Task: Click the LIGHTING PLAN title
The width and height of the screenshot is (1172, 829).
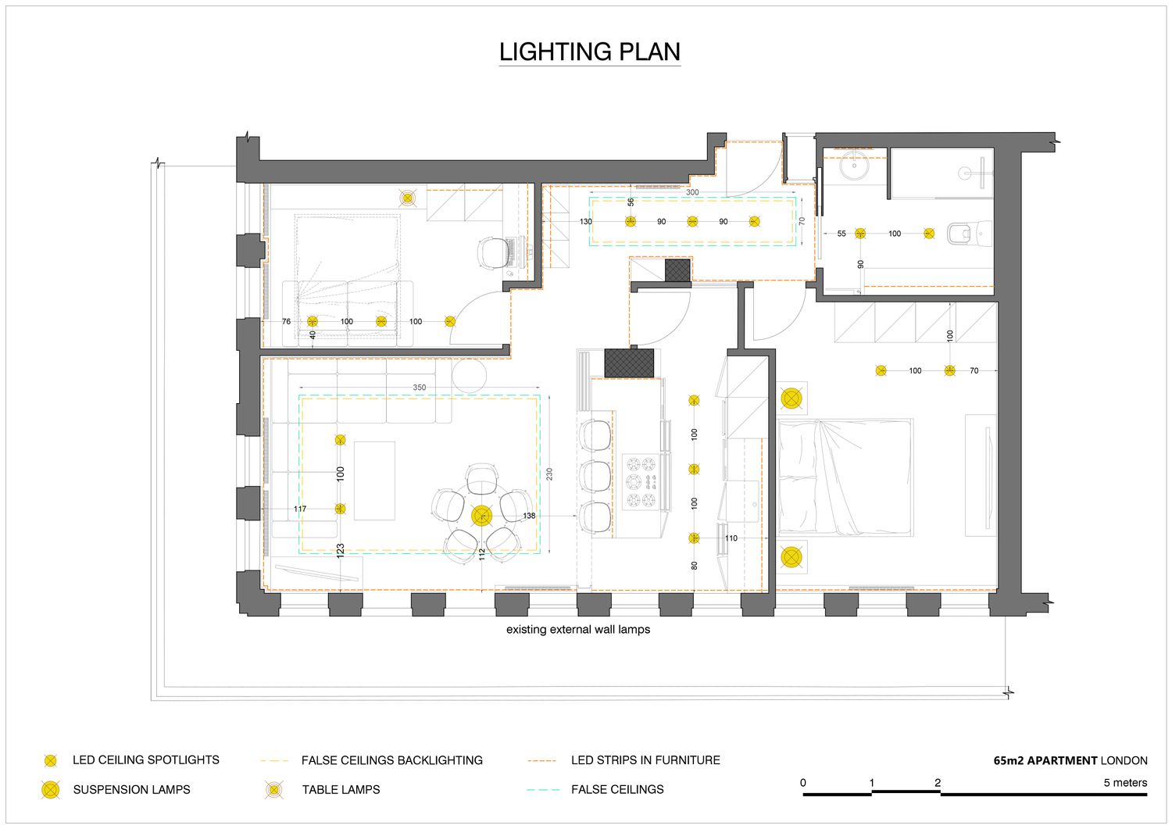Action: tap(590, 52)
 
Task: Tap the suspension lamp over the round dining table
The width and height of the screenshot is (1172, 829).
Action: tap(481, 516)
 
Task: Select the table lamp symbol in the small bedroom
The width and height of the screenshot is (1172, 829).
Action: tap(407, 198)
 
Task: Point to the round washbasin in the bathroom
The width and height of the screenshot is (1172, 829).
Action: tap(855, 166)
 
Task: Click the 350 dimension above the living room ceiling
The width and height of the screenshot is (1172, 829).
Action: tap(420, 388)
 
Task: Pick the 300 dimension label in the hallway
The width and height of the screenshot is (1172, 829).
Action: tap(692, 192)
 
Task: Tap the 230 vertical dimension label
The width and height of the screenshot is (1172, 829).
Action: tap(549, 474)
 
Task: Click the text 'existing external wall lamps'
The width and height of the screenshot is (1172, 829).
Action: tap(578, 630)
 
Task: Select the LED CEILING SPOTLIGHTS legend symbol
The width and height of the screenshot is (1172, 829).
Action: tap(51, 760)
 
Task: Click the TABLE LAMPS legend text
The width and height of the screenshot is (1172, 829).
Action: tap(341, 790)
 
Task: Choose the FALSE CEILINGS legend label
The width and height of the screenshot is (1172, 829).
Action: tap(617, 790)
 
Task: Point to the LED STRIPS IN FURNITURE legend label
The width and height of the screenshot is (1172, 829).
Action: tap(645, 760)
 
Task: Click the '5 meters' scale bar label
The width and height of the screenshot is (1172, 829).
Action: tap(1125, 783)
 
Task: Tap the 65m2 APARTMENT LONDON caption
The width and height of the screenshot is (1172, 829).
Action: tap(1070, 760)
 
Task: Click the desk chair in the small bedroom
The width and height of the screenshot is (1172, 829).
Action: tap(492, 252)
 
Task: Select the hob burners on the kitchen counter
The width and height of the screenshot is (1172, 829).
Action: tap(642, 481)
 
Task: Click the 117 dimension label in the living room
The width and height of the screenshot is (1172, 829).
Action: tap(300, 509)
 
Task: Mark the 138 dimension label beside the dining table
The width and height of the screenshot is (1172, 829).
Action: tap(529, 516)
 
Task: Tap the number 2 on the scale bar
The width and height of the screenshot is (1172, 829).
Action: tap(938, 783)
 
